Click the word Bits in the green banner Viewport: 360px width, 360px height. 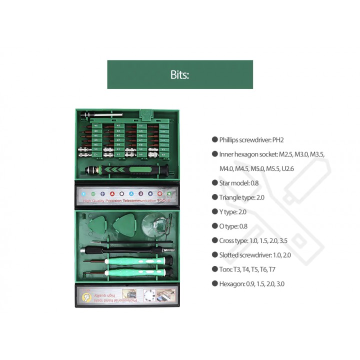179,75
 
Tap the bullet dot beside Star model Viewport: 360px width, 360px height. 215,183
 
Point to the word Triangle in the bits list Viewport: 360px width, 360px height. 229,197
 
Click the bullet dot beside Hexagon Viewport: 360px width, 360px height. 215,284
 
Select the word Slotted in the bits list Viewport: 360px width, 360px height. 230,255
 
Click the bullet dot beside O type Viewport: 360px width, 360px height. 215,226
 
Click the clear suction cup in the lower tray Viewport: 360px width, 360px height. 156,223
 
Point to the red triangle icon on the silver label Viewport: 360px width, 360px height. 112,193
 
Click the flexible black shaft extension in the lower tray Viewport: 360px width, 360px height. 125,248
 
